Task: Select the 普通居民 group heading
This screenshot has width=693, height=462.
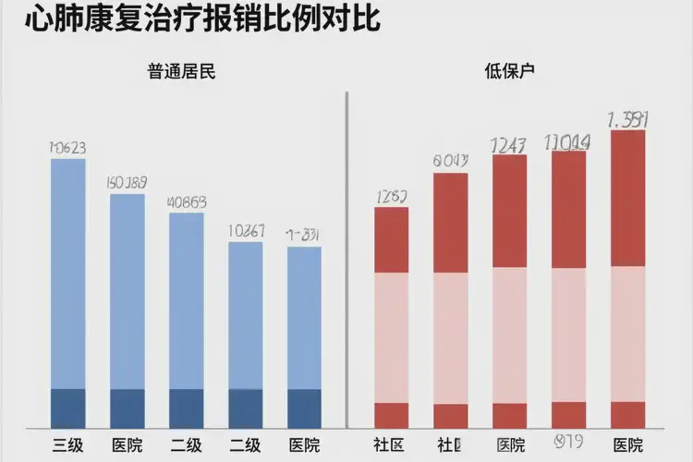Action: [x=181, y=71]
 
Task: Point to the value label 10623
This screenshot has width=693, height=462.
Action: [x=67, y=147]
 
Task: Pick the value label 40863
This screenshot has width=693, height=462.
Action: [x=186, y=201]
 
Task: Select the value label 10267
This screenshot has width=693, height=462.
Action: [x=245, y=231]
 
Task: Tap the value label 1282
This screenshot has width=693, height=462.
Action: [x=391, y=196]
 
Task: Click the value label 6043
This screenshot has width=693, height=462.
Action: [x=450, y=161]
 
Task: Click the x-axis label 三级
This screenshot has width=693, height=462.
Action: [x=67, y=444]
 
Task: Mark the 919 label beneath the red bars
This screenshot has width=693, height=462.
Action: [x=567, y=442]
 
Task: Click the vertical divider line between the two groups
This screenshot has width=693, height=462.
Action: [x=346, y=259]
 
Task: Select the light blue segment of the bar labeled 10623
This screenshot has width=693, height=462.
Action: [x=67, y=274]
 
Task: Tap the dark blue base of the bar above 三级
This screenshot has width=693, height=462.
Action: [x=67, y=407]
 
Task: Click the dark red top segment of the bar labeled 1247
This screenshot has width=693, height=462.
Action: [x=509, y=211]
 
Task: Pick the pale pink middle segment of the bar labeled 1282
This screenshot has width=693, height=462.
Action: [x=391, y=337]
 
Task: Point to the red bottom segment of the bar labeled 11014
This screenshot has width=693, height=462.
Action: [x=568, y=414]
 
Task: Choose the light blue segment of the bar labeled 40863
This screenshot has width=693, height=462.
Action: [x=186, y=301]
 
